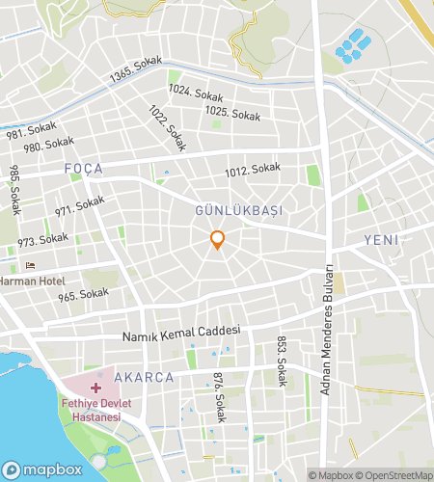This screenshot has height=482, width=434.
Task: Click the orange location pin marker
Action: [x=218, y=240]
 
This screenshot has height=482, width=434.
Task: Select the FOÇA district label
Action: [x=83, y=169]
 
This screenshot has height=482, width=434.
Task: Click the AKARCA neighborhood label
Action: [x=143, y=378]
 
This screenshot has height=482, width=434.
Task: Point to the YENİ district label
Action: [x=382, y=239]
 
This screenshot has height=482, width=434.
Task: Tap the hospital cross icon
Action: [x=97, y=388]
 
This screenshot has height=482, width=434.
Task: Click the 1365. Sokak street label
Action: [x=135, y=70]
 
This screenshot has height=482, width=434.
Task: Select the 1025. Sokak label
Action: [x=232, y=115]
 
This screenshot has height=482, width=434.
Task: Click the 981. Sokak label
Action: [x=31, y=131]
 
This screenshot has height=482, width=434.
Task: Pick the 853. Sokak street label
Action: [x=282, y=361]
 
